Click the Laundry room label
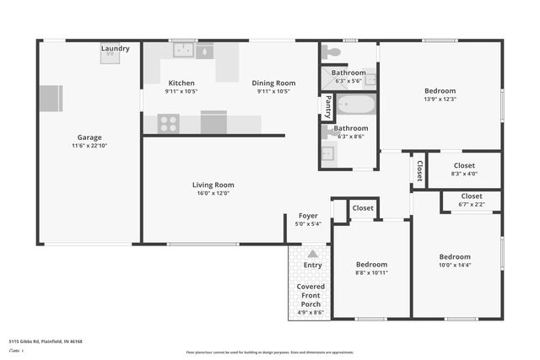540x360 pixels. click(x=116, y=49)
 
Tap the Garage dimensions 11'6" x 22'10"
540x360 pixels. click(x=89, y=146)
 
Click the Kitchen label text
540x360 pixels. click(x=181, y=83)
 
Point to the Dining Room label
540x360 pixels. click(x=273, y=83)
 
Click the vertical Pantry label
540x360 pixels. click(x=327, y=107)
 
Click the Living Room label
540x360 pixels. click(x=213, y=185)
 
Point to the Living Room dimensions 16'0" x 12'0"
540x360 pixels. click(x=213, y=193)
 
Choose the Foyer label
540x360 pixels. click(x=308, y=216)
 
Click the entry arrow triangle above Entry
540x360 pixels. click(x=312, y=254)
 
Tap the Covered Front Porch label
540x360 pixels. click(x=311, y=295)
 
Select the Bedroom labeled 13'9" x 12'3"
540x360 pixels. click(x=440, y=91)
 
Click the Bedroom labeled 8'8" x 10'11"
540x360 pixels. click(x=371, y=264)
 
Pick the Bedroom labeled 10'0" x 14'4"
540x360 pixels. click(x=455, y=256)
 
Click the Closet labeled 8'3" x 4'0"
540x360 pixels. click(x=464, y=165)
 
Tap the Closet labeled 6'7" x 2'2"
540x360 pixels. click(x=472, y=196)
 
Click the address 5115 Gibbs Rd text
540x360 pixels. click(x=46, y=341)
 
